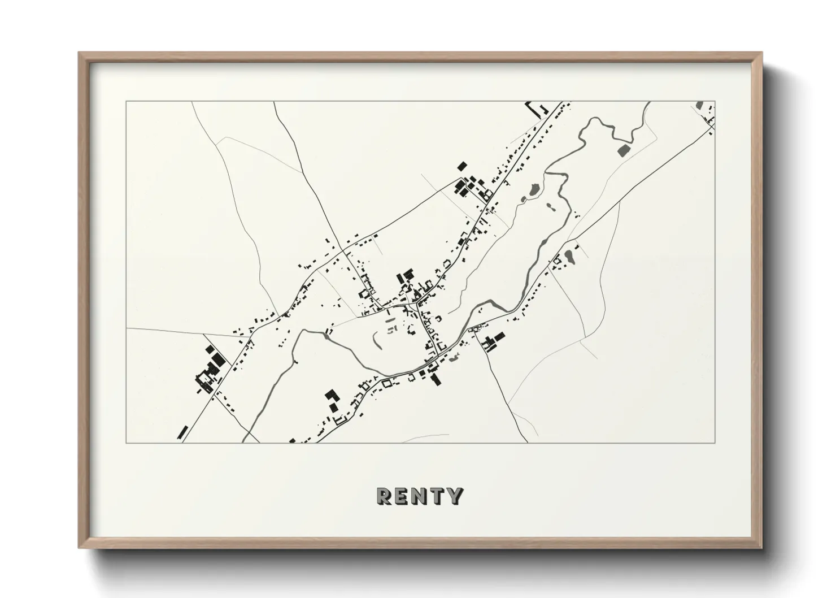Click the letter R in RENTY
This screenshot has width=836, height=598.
click(384, 496)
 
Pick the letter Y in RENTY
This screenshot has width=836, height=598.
click(455, 496)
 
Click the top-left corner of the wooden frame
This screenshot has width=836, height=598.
click(79, 53)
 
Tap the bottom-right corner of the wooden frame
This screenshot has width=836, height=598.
click(762, 548)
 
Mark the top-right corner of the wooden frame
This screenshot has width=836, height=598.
click(762, 53)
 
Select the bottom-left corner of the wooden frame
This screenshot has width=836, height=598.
click(79, 548)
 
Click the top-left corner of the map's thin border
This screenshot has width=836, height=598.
click(126, 102)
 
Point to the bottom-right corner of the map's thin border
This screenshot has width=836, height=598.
click(715, 443)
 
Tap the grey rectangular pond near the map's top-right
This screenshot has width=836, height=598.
click(624, 150)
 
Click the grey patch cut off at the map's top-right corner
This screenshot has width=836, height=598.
click(700, 106)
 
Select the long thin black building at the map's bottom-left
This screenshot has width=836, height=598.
click(182, 432)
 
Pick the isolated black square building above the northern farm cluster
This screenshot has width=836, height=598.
click(462, 166)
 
